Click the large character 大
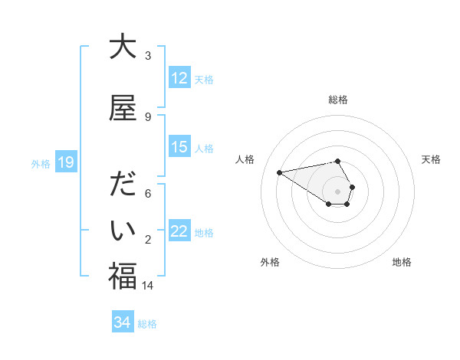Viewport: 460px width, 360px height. coord(123,47)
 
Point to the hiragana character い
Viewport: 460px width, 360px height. coord(123,231)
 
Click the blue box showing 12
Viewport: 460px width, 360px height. coord(179,78)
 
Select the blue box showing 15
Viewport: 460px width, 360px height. coord(179,147)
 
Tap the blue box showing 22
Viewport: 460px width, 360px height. coord(179,231)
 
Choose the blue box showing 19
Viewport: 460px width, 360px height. coord(66,162)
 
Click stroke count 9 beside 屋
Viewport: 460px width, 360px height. coord(148,116)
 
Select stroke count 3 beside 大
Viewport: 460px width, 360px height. coord(148,56)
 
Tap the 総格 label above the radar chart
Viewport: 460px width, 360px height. coord(338,100)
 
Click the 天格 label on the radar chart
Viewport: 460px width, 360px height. coord(432,159)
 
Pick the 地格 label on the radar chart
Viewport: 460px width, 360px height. coord(402,262)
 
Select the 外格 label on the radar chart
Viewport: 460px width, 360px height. coord(270,262)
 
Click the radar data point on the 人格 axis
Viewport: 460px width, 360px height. coord(280,172)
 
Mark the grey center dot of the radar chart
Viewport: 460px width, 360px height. coord(338,191)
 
